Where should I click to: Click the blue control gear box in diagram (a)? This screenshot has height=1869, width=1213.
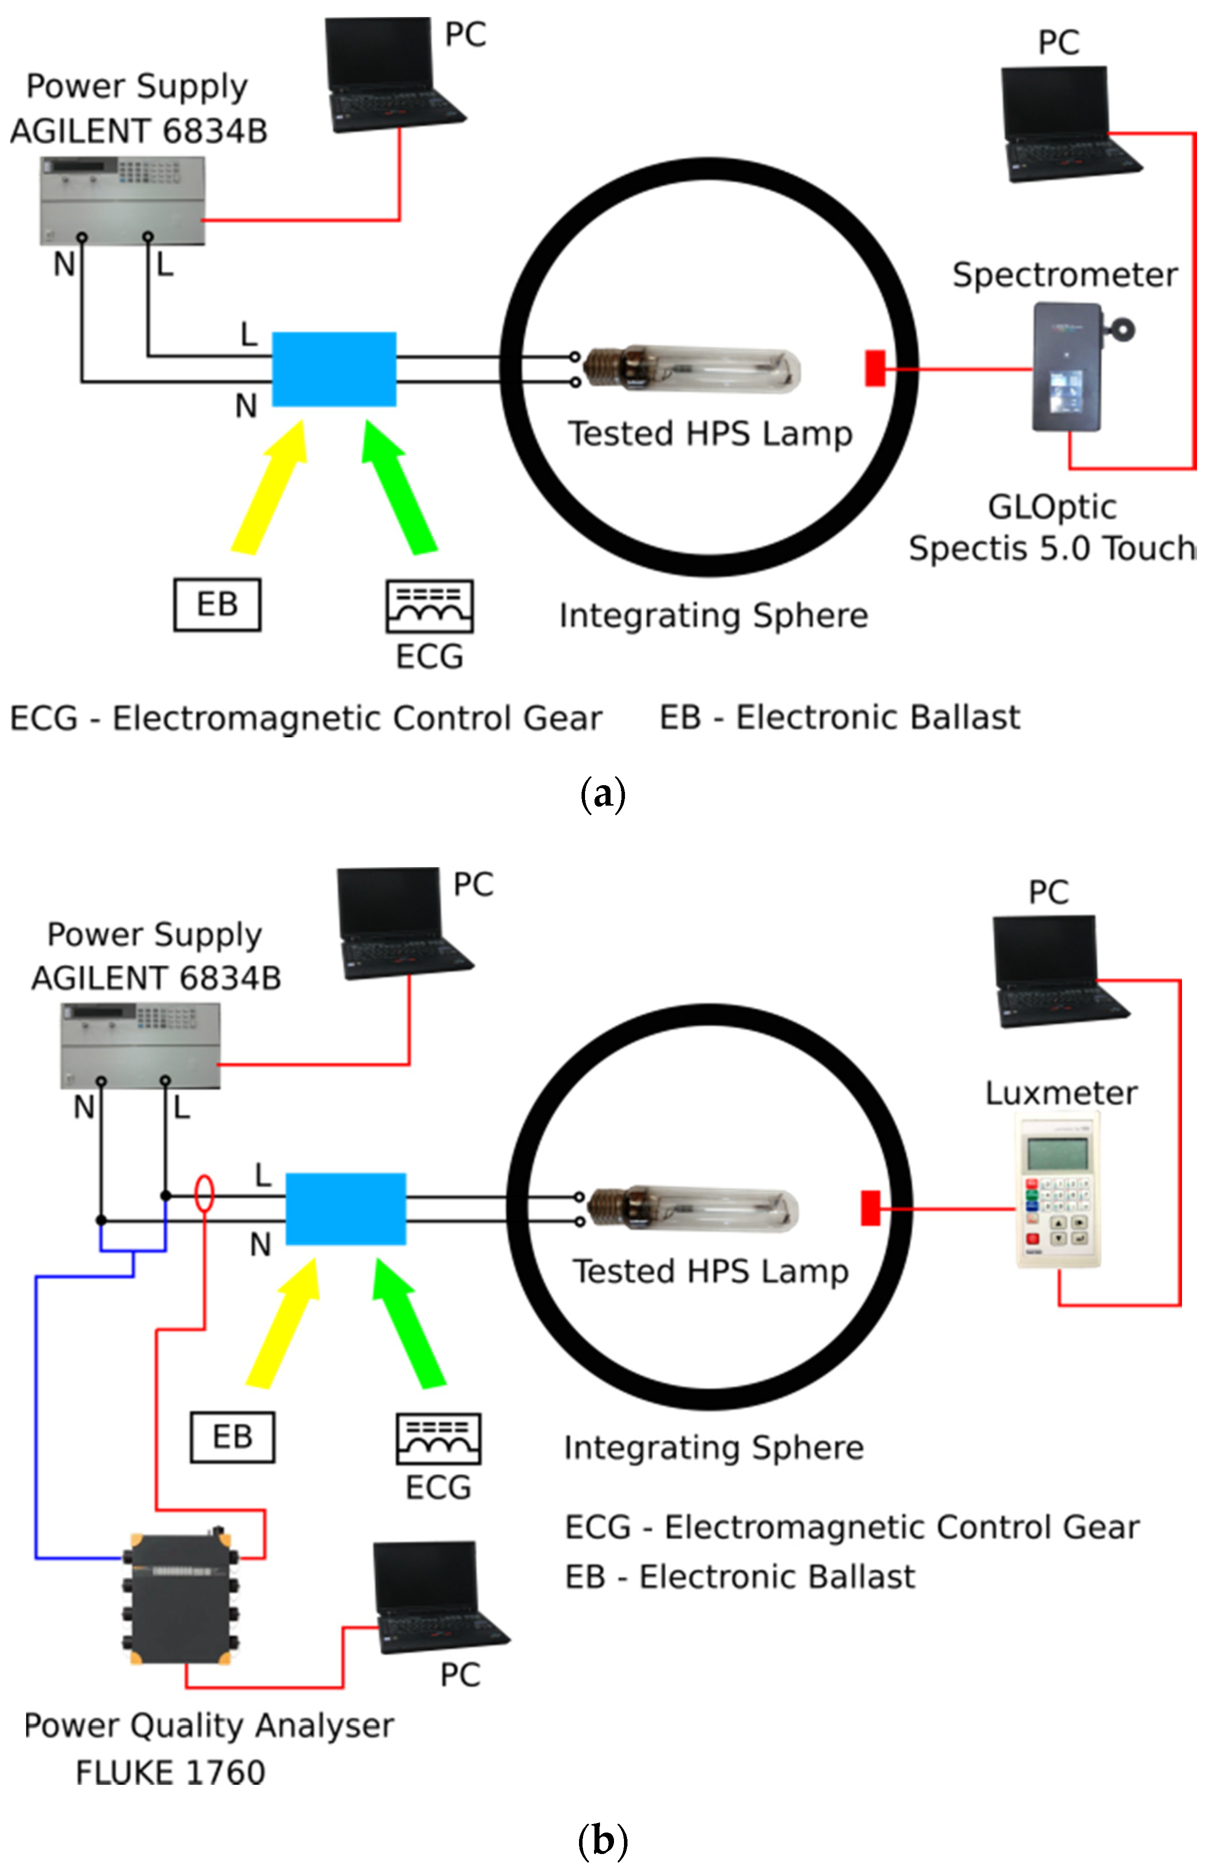coord(334,369)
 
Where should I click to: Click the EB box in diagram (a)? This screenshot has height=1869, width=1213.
coord(217,605)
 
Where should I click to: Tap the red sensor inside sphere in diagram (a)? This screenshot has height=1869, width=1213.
coord(874,368)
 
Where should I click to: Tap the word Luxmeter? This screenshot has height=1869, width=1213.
coord(1061,1093)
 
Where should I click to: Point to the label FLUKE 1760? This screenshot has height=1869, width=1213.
coord(170,1773)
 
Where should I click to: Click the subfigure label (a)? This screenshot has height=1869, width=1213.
coord(603,794)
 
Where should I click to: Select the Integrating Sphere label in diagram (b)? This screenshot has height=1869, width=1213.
coord(713,1447)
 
